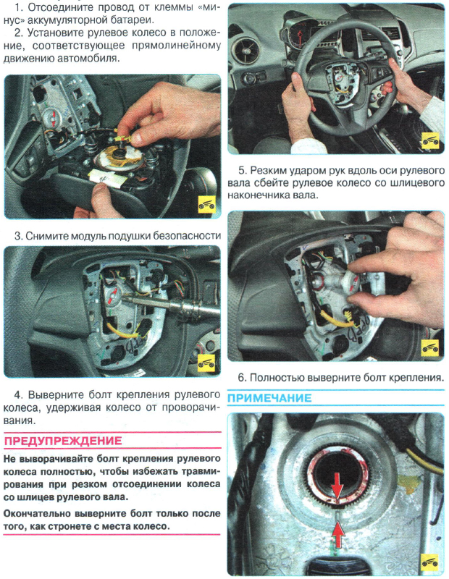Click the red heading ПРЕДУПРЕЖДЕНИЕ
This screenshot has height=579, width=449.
click(x=63, y=441)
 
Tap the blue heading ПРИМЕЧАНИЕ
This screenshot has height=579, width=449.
click(x=269, y=398)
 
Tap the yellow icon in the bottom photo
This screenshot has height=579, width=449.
click(x=431, y=560)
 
